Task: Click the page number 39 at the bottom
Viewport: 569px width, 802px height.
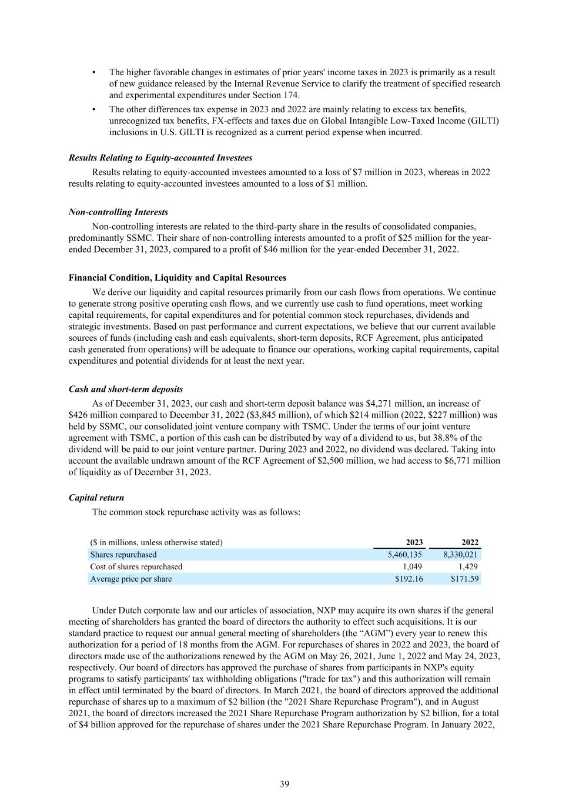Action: (284, 784)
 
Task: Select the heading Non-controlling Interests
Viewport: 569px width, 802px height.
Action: (118, 212)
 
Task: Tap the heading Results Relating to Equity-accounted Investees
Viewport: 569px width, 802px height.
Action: (160, 158)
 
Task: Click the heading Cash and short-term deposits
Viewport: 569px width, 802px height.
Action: (126, 389)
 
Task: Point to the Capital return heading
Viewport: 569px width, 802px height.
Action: (96, 498)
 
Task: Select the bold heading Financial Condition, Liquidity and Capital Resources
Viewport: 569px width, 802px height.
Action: (178, 278)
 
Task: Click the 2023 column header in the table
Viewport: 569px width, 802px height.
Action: (414, 542)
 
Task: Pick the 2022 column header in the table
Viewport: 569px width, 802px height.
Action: (470, 542)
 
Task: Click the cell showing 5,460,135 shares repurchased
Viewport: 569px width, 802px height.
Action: (405, 555)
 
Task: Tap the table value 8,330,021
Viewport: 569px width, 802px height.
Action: (461, 555)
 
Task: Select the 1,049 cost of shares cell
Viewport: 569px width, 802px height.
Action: (413, 567)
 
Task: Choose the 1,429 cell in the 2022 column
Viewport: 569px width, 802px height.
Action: (468, 567)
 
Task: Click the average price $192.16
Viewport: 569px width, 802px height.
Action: (409, 579)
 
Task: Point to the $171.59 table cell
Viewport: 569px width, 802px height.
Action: (465, 579)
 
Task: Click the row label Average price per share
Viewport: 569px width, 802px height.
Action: (131, 579)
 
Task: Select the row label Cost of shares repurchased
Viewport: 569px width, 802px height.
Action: (136, 567)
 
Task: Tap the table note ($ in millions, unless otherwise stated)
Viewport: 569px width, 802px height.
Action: (156, 542)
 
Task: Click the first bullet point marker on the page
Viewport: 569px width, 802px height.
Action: (94, 72)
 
